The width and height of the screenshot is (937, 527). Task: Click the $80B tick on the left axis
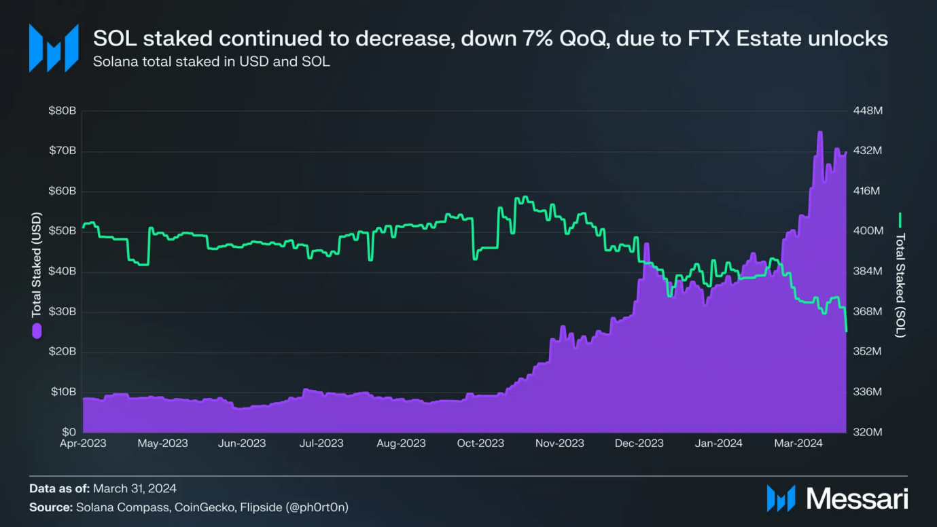coord(62,111)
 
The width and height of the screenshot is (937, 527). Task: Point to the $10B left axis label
coord(62,392)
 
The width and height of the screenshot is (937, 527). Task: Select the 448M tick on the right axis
coord(867,111)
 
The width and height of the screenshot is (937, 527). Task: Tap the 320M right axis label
coord(867,432)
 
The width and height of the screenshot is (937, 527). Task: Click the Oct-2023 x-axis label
coord(480,443)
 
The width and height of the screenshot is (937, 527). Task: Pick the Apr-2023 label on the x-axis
coord(83,443)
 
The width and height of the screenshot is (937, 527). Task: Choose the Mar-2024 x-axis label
coord(799,443)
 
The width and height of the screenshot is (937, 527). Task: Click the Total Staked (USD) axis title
coord(37,265)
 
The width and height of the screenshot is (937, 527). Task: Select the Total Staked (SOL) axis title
coord(900,285)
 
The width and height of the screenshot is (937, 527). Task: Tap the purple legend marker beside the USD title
coord(37,331)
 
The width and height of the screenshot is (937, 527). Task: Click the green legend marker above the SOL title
coord(900,220)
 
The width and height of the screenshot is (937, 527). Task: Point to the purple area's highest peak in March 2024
coord(820,132)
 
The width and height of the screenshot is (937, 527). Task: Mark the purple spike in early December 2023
coord(646,244)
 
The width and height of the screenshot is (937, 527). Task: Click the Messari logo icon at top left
coord(54,48)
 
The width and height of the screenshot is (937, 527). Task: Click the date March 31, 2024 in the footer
coord(135,488)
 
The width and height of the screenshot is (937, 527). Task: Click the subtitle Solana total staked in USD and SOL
coord(211,62)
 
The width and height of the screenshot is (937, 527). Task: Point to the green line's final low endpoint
coord(846,331)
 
